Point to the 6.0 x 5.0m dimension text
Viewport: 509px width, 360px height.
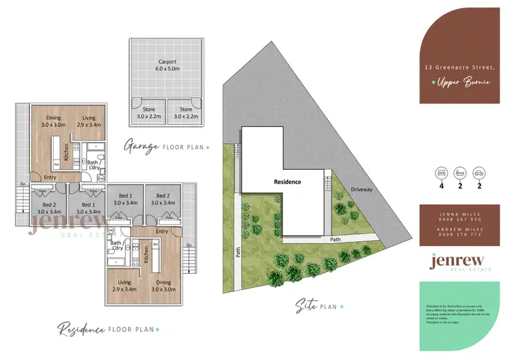[x=163, y=69]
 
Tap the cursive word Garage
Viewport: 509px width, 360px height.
[x=141, y=146]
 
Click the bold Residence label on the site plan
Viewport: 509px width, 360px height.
[x=288, y=182]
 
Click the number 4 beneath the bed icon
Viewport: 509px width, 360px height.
[x=442, y=185]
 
